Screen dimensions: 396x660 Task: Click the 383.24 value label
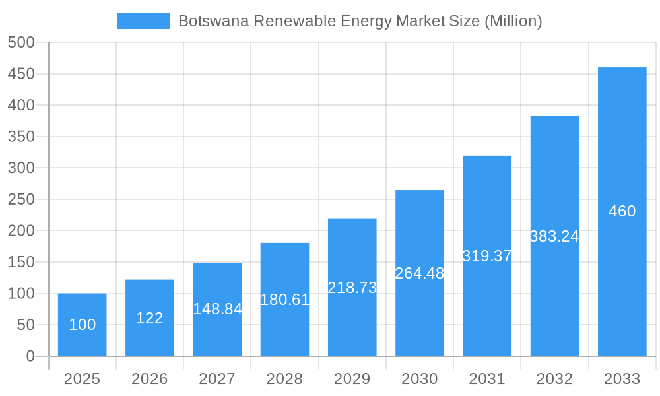pyautogui.click(x=554, y=236)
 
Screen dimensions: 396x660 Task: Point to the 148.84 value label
pyautogui.click(x=217, y=309)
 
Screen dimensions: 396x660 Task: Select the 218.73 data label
pyautogui.click(x=352, y=288)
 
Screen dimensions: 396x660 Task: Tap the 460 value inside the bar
pyautogui.click(x=622, y=211)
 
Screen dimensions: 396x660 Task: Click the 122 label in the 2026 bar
pyautogui.click(x=150, y=318)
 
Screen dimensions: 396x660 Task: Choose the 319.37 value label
pyautogui.click(x=487, y=256)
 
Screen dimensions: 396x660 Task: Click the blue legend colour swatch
pyautogui.click(x=143, y=21)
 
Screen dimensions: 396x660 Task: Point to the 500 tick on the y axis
pyautogui.click(x=21, y=42)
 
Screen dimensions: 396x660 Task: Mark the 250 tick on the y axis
pyautogui.click(x=21, y=199)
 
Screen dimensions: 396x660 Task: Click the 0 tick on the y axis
pyautogui.click(x=30, y=356)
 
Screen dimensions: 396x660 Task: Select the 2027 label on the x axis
pyautogui.click(x=217, y=379)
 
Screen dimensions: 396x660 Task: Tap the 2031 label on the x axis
pyautogui.click(x=487, y=379)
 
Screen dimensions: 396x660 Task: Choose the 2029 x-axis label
pyautogui.click(x=352, y=379)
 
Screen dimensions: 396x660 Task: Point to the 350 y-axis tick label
pyautogui.click(x=21, y=137)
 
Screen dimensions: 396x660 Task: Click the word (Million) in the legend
pyautogui.click(x=513, y=21)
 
